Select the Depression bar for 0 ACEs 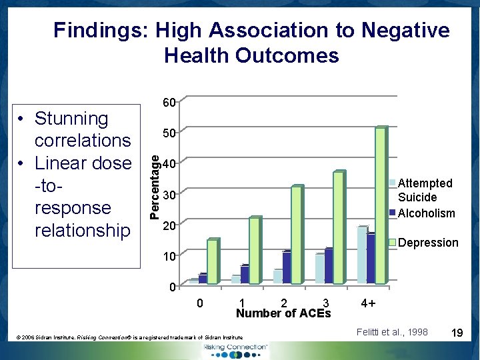212,261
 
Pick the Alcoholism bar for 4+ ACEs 371,259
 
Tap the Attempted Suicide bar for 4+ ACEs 361,255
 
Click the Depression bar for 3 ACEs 338,227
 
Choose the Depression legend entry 428,243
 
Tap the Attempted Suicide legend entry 425,190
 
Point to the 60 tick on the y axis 169,103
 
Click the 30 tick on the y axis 169,195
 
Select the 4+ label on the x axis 368,303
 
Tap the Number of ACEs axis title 283,313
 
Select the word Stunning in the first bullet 71,119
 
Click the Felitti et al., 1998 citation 392,332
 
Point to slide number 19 458,332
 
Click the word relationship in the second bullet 82,231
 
